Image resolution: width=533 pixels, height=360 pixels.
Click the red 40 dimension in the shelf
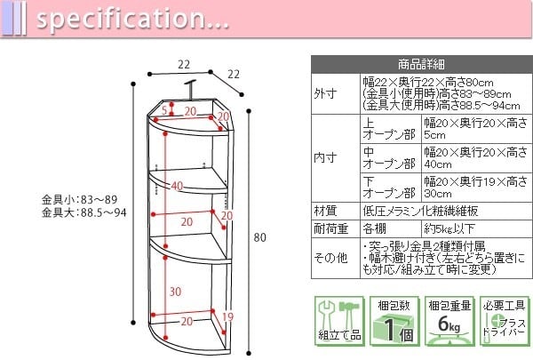pos(177,186)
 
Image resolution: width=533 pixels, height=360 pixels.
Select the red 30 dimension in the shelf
pos(177,292)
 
